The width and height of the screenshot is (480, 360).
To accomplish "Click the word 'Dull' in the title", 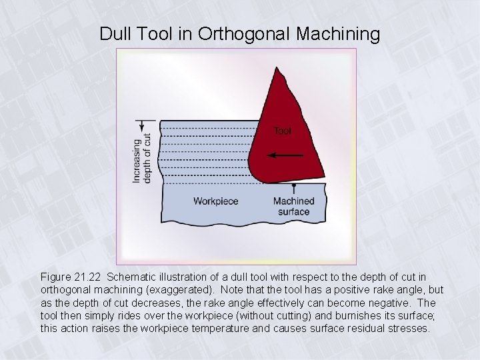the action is tap(115, 33).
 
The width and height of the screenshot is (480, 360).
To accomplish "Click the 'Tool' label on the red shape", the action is tap(282, 131).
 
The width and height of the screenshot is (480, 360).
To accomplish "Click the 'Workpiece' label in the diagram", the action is tap(215, 201).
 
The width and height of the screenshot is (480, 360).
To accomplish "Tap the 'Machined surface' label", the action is tap(293, 207).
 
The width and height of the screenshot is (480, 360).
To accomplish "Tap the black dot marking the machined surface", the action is tap(294, 183).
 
